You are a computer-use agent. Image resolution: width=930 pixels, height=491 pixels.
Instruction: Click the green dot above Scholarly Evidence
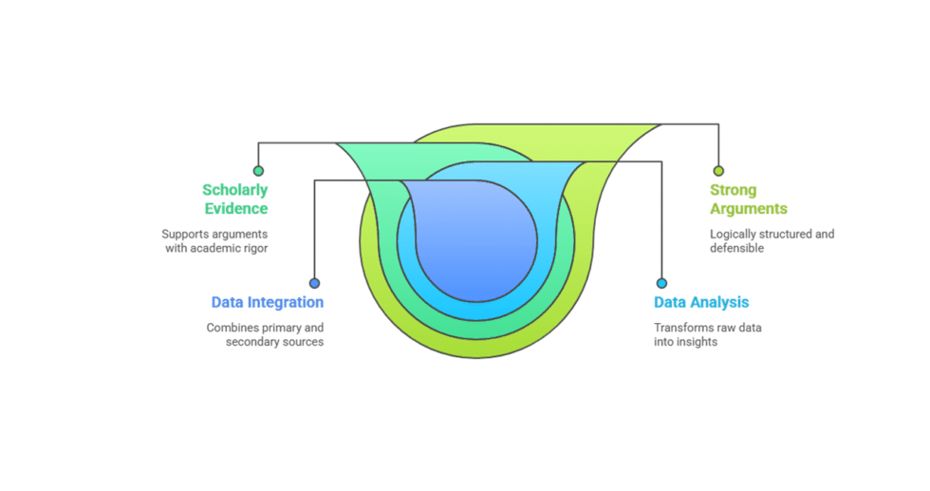258,171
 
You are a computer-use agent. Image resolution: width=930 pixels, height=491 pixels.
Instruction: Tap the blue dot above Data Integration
314,283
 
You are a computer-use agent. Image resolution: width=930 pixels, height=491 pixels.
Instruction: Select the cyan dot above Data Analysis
661,283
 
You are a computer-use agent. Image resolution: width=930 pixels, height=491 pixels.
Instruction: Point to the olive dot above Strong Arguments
718,171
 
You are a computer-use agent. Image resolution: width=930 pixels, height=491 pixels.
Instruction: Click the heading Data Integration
267,303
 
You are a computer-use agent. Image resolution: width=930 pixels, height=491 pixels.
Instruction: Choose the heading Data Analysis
701,303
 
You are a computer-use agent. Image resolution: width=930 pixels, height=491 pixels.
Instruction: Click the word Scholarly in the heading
234,190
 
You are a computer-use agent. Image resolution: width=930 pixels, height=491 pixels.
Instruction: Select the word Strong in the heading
734,190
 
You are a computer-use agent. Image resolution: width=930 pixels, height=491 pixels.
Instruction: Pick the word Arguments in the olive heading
749,208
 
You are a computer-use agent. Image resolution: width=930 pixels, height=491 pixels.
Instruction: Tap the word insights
697,342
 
